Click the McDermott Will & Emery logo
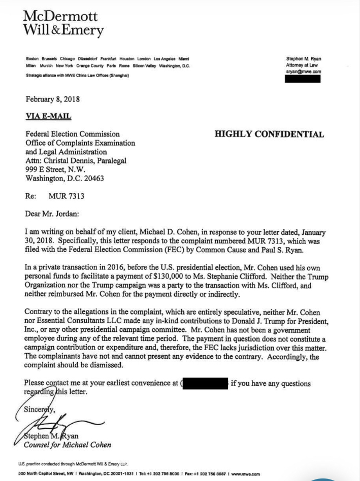click(x=63, y=23)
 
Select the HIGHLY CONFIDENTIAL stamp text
click(x=269, y=134)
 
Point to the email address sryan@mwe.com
click(x=303, y=72)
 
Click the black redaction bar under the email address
click(x=303, y=80)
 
